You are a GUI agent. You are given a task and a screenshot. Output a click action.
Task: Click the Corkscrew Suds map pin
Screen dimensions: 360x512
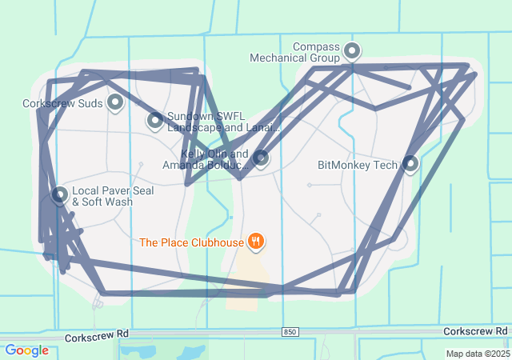click(115, 102)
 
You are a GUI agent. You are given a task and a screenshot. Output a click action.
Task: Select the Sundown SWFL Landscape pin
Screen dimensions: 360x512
click(155, 121)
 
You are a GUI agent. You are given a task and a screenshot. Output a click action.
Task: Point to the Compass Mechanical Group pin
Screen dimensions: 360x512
click(351, 52)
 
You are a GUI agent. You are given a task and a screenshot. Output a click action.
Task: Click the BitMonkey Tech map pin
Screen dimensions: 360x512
click(410, 164)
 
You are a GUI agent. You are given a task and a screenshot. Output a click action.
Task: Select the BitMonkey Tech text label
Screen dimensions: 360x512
click(358, 166)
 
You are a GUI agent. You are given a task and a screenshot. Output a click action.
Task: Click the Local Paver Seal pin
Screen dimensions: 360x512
click(59, 194)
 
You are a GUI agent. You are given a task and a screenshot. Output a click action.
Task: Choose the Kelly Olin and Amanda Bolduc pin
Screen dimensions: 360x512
click(260, 158)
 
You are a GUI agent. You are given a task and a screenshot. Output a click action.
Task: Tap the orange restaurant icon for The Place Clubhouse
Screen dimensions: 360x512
click(256, 241)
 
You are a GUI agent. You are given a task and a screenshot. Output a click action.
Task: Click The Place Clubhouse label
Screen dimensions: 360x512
click(191, 242)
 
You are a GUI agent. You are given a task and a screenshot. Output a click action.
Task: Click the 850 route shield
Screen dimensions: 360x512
click(290, 332)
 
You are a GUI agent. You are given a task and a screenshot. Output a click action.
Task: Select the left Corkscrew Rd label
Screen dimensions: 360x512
click(97, 337)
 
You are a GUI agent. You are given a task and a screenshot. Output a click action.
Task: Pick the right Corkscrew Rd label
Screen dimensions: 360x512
click(475, 331)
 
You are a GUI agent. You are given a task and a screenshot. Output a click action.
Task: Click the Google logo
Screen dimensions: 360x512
click(26, 350)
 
